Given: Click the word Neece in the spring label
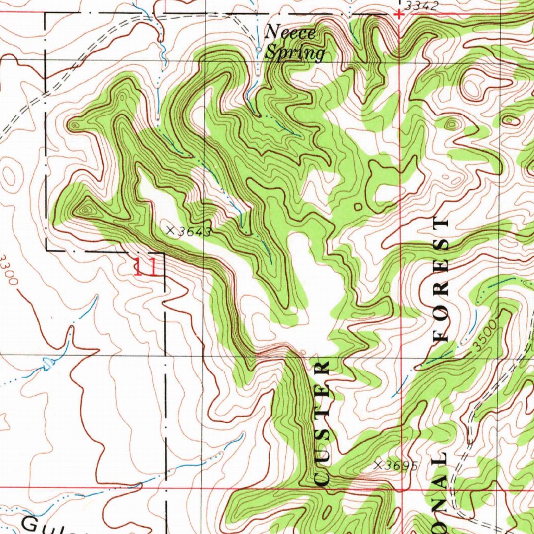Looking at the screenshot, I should click(290, 33).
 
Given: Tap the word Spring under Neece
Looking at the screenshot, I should click(295, 53).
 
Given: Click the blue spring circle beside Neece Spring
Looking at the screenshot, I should click(259, 49).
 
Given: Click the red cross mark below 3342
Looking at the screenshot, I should click(399, 15).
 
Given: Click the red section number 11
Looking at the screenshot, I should click(145, 268).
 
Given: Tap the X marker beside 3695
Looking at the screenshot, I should click(379, 464).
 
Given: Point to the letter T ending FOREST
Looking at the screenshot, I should click(441, 224).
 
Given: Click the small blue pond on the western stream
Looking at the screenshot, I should click(48, 363).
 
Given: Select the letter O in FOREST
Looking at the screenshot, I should click(441, 313).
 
